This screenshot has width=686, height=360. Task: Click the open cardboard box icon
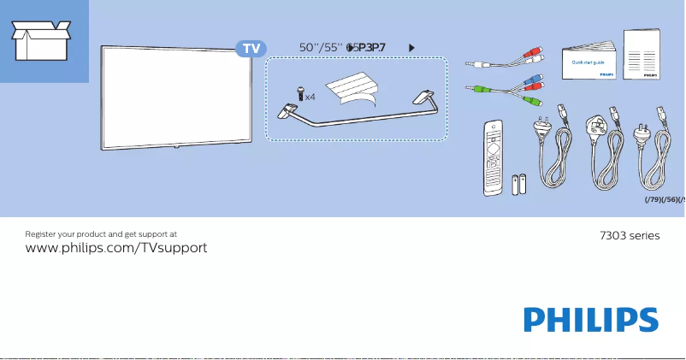(40, 40)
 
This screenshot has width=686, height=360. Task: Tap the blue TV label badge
(251, 48)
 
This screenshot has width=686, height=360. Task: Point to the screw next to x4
(300, 93)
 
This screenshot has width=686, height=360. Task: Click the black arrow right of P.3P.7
(413, 48)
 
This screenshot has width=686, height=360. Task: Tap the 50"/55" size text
(321, 48)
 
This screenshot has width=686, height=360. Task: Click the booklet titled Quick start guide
(589, 62)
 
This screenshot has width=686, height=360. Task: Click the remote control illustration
(494, 158)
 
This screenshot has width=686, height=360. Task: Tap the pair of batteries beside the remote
(519, 185)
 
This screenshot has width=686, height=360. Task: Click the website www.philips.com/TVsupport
(116, 247)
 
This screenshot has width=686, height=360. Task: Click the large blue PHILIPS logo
(591, 321)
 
